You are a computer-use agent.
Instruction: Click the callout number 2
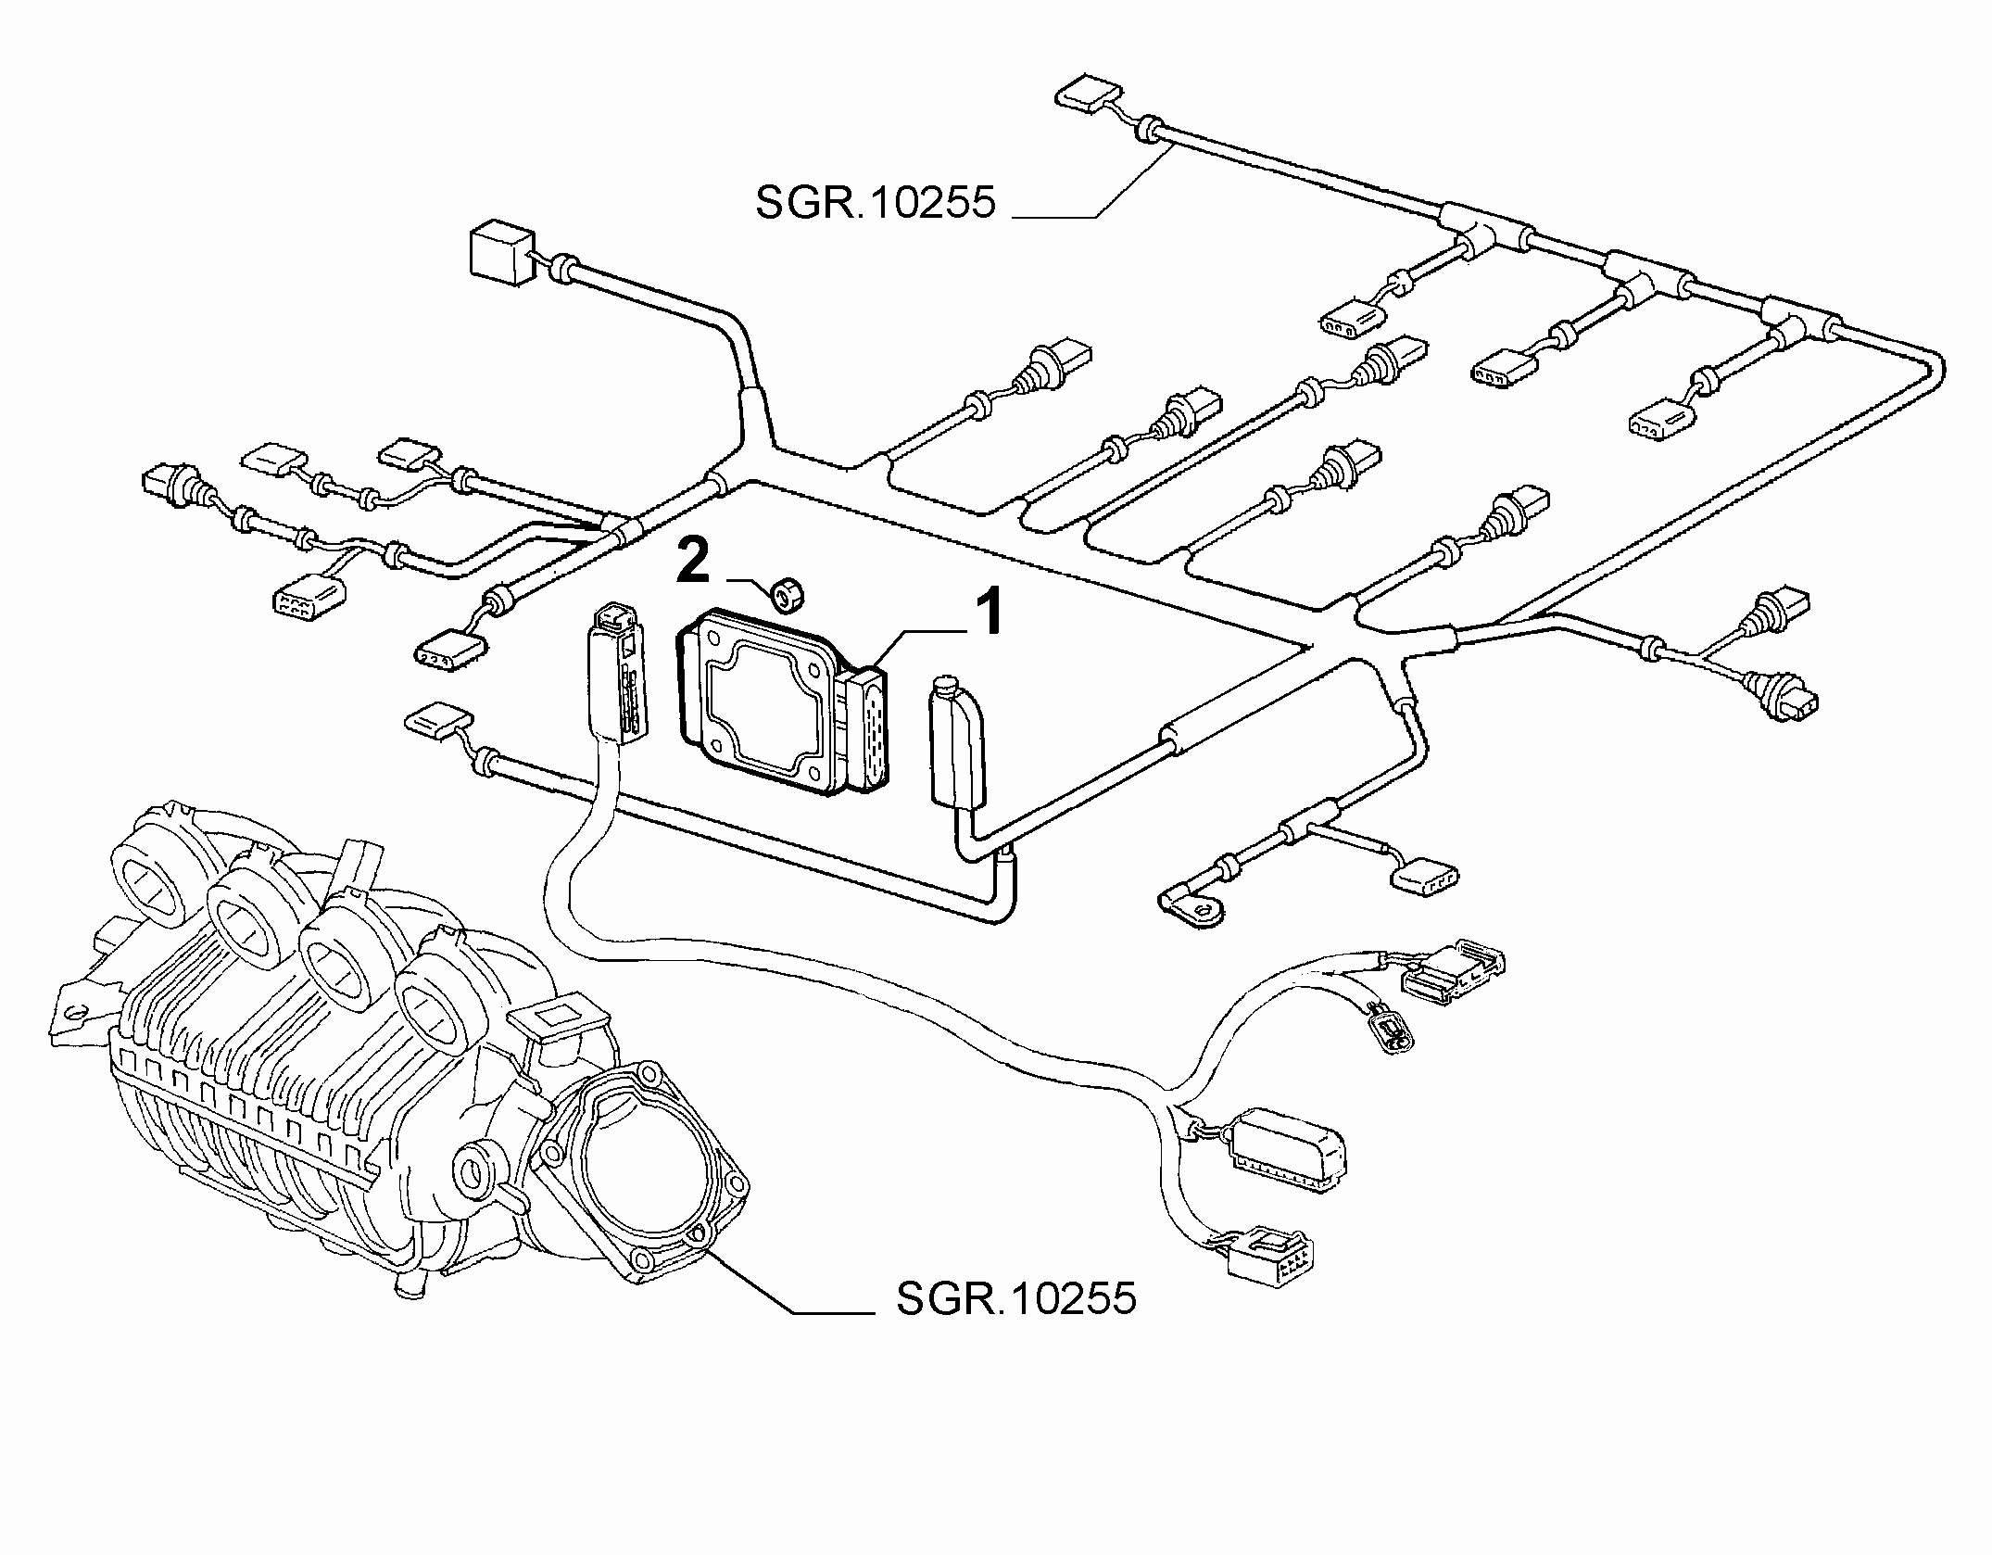coord(694,563)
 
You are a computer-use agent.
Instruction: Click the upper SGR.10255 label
coord(876,203)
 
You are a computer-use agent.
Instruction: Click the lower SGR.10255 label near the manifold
coord(1016,1298)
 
